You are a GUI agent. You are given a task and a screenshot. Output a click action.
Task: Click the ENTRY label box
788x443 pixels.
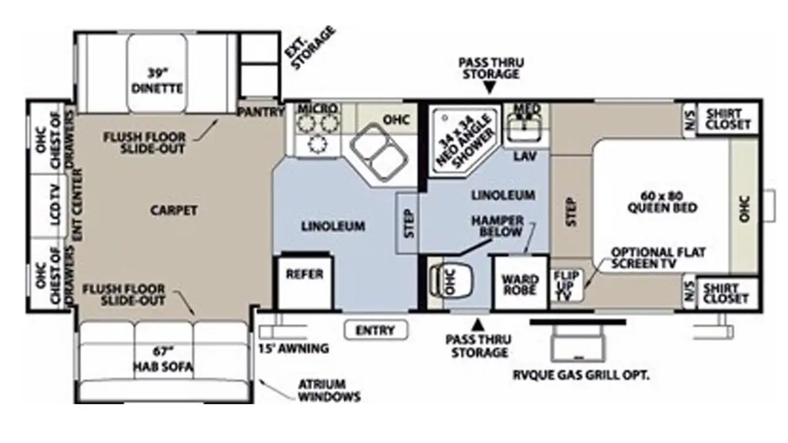[376, 330]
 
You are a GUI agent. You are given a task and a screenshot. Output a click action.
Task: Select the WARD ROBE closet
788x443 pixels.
[520, 283]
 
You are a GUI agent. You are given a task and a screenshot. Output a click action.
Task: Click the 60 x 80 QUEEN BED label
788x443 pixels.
[662, 202]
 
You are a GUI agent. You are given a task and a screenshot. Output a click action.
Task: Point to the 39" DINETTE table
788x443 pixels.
[157, 73]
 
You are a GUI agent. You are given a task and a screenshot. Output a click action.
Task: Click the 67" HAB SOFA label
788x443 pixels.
[164, 359]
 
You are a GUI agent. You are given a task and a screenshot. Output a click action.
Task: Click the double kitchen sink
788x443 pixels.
[379, 152]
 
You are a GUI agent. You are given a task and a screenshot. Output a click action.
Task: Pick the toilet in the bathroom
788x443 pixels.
[452, 282]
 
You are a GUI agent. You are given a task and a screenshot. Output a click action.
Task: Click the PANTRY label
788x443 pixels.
[261, 112]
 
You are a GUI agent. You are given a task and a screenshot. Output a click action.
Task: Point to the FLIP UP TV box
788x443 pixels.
[566, 285]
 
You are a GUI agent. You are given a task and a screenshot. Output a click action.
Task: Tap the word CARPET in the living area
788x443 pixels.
[174, 210]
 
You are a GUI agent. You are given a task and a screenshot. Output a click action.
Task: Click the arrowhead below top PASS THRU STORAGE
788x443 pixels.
[489, 87]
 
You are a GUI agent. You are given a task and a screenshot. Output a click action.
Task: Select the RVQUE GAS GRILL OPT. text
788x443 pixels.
[581, 375]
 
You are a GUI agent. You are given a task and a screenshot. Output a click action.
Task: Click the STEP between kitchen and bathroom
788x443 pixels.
[408, 223]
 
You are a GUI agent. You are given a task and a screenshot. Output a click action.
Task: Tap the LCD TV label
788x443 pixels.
[55, 205]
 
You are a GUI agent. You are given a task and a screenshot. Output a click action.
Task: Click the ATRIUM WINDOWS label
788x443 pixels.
[329, 390]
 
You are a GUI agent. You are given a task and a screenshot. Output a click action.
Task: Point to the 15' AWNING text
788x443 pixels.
[294, 348]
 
